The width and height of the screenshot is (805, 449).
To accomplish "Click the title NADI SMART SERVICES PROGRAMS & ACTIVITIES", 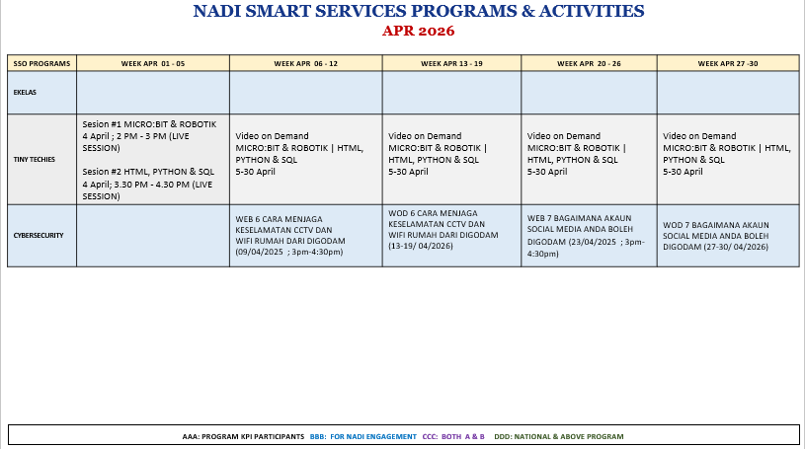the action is [419, 11].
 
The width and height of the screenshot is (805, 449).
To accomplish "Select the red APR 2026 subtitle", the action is [419, 31].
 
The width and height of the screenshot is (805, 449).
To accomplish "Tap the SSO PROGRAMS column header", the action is [41, 63].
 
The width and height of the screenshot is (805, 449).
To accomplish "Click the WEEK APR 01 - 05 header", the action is [153, 63].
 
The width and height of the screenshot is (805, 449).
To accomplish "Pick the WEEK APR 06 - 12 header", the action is [305, 63].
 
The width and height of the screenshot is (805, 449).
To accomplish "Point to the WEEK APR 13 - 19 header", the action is [451, 63].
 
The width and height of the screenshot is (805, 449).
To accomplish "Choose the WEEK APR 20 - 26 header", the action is [589, 63].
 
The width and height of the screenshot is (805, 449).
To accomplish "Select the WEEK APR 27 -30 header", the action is [728, 63].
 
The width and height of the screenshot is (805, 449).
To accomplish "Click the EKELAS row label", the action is [25, 93].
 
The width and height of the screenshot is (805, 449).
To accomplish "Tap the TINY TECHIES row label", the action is [34, 160].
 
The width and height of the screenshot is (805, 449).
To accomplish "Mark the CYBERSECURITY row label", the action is [39, 236].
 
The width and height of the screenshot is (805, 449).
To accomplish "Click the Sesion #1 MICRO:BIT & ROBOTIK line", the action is [149, 124].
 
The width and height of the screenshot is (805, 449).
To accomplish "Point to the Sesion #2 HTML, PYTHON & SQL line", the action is [148, 172].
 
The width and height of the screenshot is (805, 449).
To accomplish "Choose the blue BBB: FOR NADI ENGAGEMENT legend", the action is [362, 437].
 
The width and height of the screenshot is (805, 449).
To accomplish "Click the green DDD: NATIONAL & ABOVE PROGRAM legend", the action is [559, 437].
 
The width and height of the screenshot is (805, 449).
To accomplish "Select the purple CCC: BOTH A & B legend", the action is [453, 437].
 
